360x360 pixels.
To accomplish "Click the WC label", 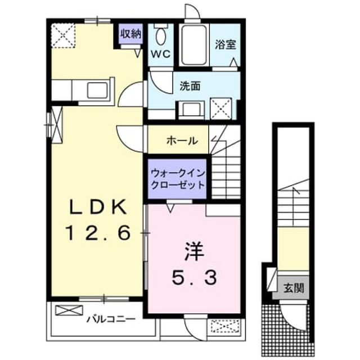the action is coord(161,54).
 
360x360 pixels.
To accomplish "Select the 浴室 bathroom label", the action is coord(226,44).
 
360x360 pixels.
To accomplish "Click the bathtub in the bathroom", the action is coord(194,45).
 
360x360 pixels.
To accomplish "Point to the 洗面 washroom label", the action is coord(190,86).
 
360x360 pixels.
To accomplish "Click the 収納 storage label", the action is coord(131,34).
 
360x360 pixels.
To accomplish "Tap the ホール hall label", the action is coord(182,140).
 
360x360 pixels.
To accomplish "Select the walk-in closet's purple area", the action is coord(177,179).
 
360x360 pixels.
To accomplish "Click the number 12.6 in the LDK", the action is coord(98,232).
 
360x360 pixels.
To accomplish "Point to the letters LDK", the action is coord(98,207).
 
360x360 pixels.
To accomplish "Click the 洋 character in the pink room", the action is coord(194,252).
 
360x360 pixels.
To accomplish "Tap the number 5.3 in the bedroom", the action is coord(194,277).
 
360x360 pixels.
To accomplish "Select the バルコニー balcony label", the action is coord(111,319).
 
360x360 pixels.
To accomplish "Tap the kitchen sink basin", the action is coord(97,90).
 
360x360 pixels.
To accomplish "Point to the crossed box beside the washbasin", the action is coord(221,109).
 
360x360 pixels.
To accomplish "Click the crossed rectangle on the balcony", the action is coord(69,310).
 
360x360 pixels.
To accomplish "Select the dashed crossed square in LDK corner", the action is coord(63,36).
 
